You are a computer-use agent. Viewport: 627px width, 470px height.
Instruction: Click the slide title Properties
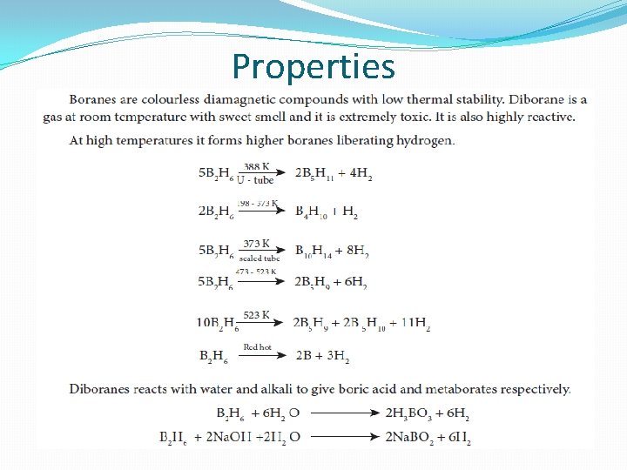click(x=313, y=67)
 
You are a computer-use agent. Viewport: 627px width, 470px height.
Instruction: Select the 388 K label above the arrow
click(x=256, y=166)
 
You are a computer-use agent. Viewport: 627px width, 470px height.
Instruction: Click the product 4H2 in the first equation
click(x=359, y=174)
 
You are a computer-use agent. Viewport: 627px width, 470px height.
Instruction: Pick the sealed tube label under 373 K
click(x=259, y=258)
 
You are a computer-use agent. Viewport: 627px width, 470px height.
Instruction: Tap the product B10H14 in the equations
click(x=314, y=252)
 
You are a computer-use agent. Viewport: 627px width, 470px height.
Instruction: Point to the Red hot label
click(x=257, y=347)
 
